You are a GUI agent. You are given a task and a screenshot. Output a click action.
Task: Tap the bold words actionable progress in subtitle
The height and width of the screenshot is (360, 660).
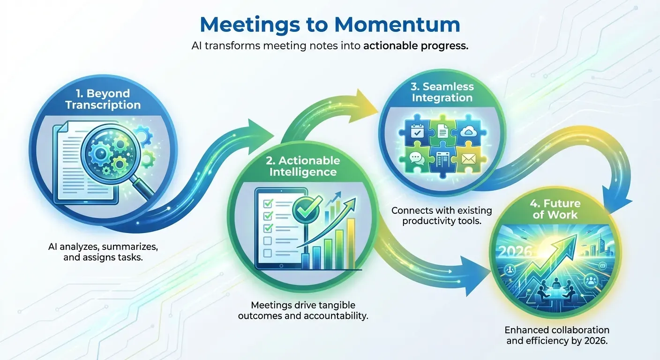pos(416,47)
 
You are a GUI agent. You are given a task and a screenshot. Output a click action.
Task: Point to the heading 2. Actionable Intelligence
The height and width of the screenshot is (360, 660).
pos(302,166)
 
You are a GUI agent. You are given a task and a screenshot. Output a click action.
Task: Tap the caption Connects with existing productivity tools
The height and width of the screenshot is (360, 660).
pos(436,215)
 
